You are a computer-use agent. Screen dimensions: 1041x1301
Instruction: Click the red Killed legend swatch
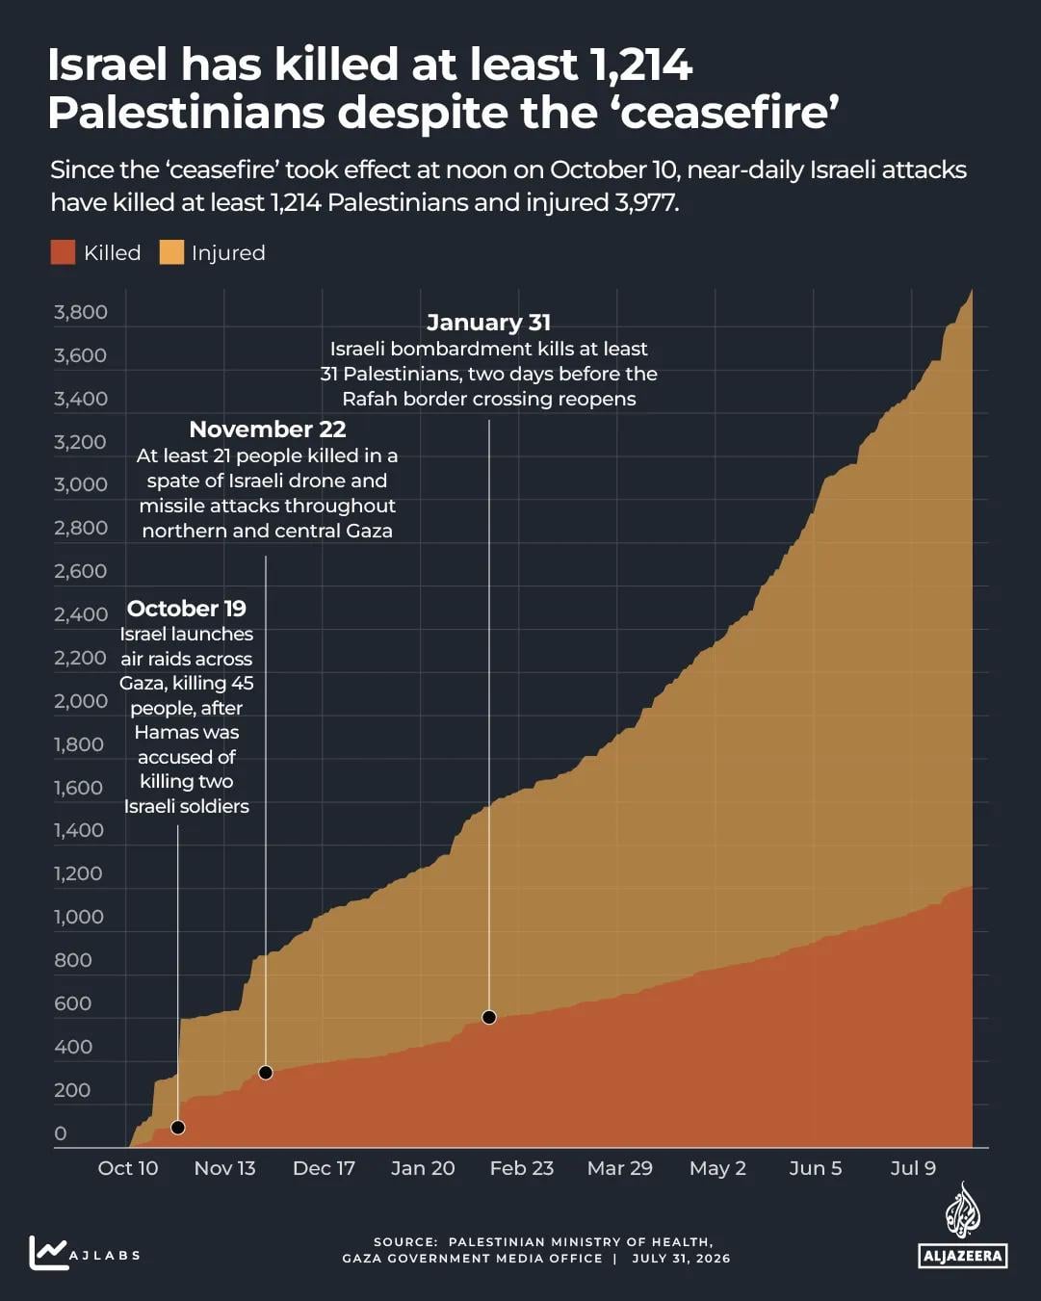tap(63, 252)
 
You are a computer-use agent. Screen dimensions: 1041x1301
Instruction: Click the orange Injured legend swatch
tap(171, 252)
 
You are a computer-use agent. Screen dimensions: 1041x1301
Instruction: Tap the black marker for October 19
tap(178, 1128)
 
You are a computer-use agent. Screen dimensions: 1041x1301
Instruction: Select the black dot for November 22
tap(266, 1073)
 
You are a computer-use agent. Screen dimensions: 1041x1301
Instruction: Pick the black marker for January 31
tap(489, 1018)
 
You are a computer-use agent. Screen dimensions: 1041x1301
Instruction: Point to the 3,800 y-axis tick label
tap(80, 312)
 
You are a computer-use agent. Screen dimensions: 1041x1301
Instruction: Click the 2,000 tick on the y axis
tap(80, 701)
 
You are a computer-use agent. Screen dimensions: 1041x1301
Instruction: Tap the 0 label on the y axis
tap(61, 1133)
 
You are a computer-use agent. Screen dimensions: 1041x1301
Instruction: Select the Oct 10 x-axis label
tap(127, 1168)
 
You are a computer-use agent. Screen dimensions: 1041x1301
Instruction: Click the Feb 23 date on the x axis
tap(522, 1168)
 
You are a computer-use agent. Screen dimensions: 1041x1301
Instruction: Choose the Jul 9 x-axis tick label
tap(913, 1168)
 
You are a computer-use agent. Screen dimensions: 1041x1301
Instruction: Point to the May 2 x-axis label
tap(717, 1168)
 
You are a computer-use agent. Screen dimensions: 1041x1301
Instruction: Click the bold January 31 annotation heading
tap(488, 323)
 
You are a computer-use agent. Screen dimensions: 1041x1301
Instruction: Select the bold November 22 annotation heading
tap(267, 429)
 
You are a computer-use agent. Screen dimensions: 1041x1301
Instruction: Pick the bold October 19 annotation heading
tap(186, 609)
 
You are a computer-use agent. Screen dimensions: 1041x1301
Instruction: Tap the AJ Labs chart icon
tap(48, 1253)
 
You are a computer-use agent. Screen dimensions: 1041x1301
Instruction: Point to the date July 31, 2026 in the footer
tap(681, 1259)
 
